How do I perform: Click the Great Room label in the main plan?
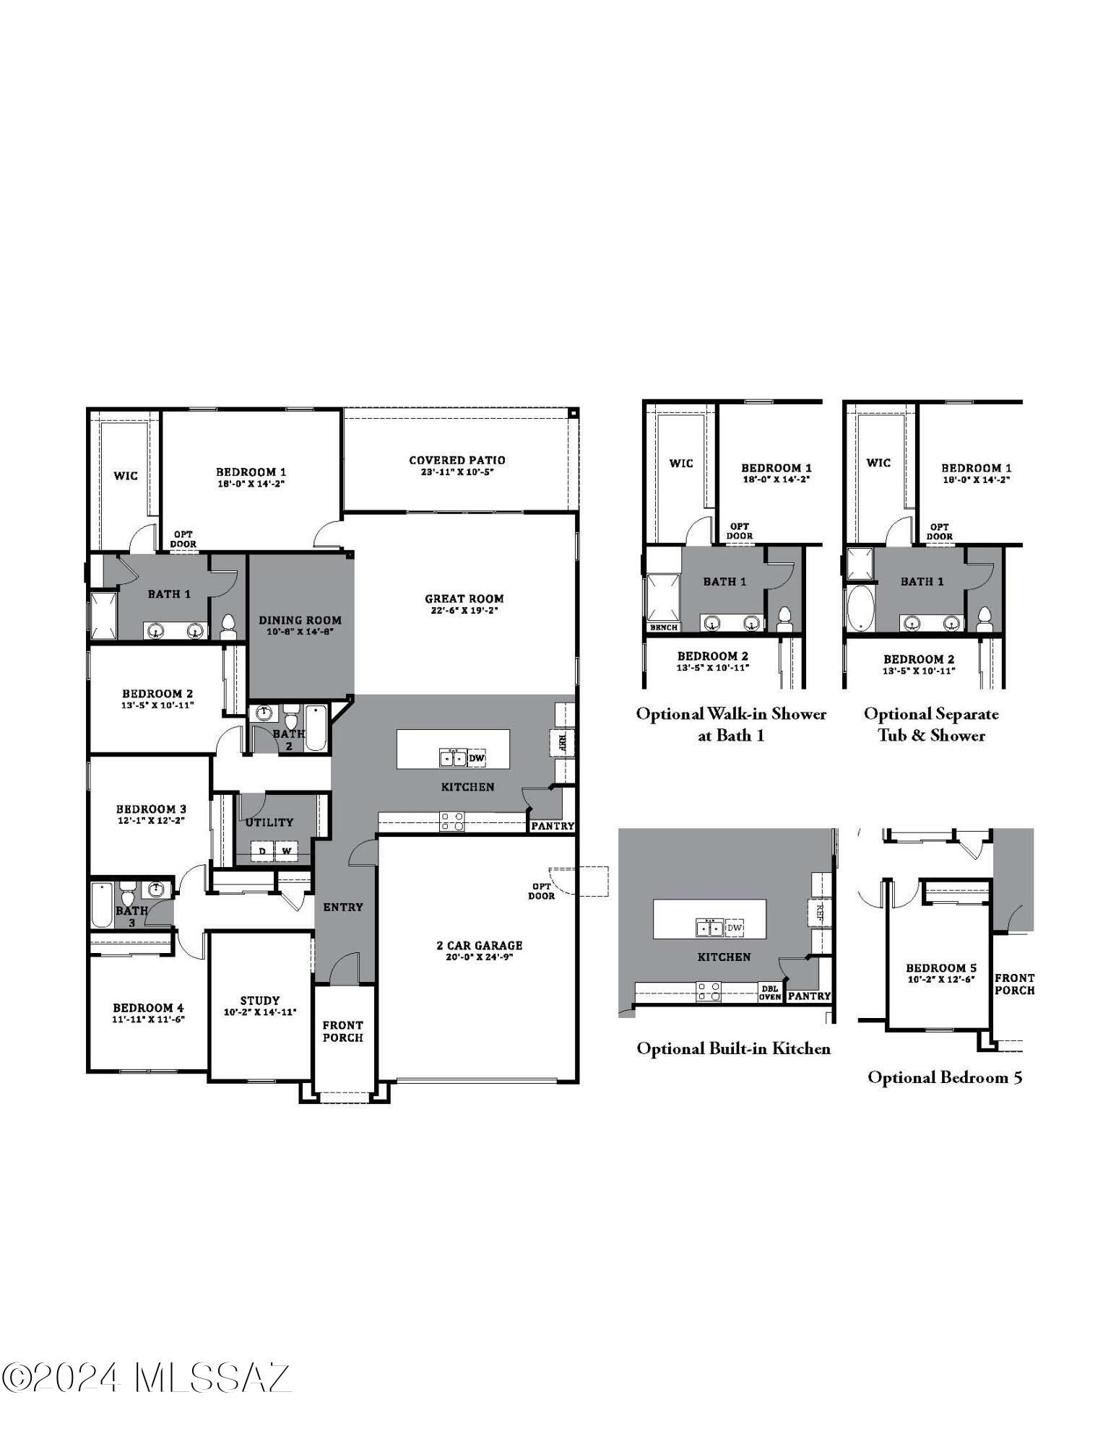click(464, 598)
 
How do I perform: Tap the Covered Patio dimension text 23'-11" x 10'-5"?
click(457, 472)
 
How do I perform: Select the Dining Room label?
click(300, 619)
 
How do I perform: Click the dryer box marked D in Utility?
click(262, 851)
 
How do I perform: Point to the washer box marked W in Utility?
click(287, 851)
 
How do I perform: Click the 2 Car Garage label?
click(479, 945)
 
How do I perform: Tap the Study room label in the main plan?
click(260, 1000)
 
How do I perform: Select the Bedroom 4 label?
click(148, 1007)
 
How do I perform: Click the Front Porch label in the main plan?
click(342, 1031)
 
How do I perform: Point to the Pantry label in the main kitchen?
click(553, 826)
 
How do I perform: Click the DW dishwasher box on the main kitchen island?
click(477, 758)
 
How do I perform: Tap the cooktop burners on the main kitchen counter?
click(452, 822)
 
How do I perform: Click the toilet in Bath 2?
click(291, 720)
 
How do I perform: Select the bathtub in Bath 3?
click(102, 905)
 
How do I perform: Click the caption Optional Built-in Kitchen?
click(733, 1048)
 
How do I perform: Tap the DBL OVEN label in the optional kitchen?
click(769, 993)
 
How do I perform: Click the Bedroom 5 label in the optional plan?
click(941, 967)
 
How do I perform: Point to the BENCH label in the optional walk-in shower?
click(663, 627)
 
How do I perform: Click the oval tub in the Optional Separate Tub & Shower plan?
click(860, 608)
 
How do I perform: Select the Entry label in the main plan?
click(342, 907)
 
